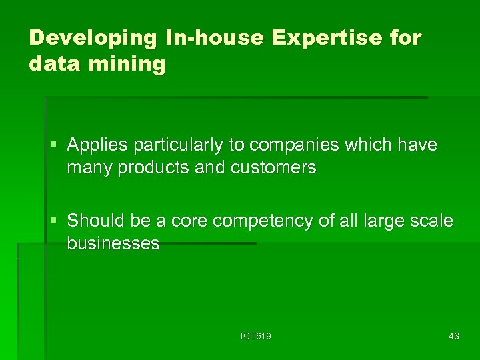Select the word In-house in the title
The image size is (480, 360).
[207, 39]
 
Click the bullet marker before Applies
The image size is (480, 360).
[57, 145]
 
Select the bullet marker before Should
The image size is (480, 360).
[57, 220]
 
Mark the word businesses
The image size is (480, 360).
[113, 243]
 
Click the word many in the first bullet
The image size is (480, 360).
[89, 168]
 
